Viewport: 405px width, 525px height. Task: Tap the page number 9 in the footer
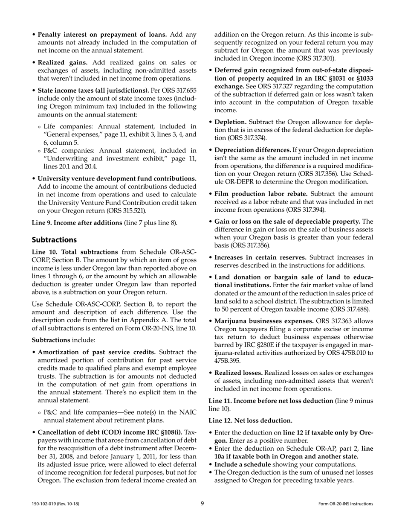(x=202, y=504)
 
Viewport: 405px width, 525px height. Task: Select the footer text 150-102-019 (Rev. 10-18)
(x=55, y=504)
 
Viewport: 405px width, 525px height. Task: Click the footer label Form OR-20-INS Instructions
(x=346, y=504)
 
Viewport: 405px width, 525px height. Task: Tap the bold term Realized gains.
(x=62, y=62)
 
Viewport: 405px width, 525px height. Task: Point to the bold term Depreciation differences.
(x=252, y=150)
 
